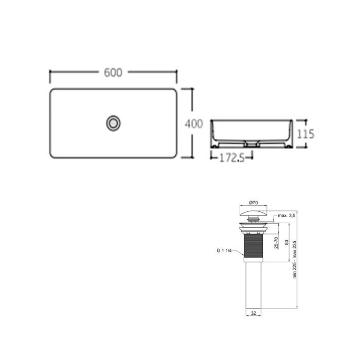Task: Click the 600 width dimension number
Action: (x=113, y=73)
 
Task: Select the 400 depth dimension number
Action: (x=194, y=123)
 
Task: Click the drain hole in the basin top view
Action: (x=113, y=122)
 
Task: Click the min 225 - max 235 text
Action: (x=295, y=260)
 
